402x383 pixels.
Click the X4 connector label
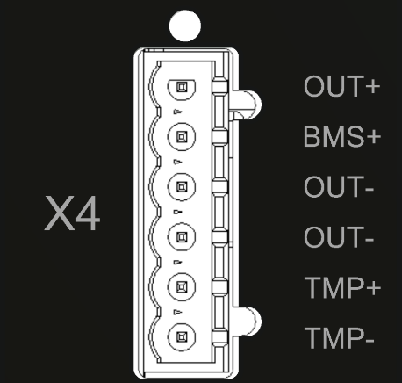click(72, 213)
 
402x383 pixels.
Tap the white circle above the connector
click(185, 25)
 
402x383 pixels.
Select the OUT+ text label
click(342, 86)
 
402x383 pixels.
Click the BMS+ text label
click(342, 136)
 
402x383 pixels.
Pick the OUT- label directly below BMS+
click(339, 186)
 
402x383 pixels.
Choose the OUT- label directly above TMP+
click(339, 237)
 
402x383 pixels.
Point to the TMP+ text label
click(342, 287)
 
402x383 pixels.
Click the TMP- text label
click(340, 338)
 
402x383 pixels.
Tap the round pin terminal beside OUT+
click(182, 87)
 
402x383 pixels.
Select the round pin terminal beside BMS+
click(182, 137)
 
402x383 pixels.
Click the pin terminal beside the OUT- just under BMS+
click(182, 187)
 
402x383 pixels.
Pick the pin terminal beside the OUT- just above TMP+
click(182, 236)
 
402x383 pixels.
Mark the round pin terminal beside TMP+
click(182, 286)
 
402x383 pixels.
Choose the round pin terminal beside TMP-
click(182, 337)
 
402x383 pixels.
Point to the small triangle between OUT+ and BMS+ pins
click(177, 112)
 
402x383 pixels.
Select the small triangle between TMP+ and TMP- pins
click(177, 313)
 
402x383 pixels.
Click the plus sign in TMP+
click(373, 288)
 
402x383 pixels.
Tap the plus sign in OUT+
click(373, 86)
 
